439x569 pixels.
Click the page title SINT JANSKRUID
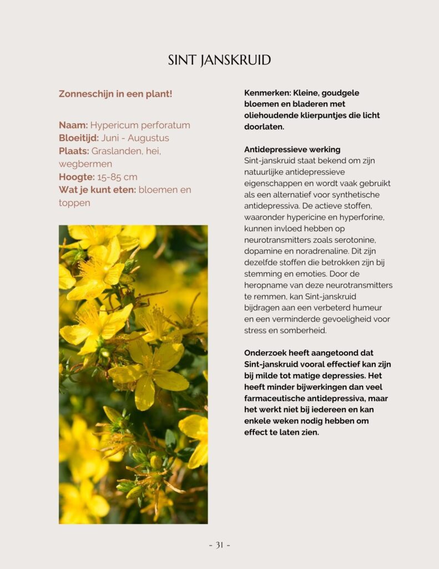point(219,60)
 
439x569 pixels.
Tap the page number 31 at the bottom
point(219,545)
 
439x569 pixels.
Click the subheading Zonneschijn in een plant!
point(115,94)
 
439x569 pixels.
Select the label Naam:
point(73,125)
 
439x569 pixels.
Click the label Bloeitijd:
point(79,138)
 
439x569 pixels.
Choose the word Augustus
point(148,138)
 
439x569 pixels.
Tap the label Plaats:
point(74,151)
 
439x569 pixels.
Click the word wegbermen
point(85,164)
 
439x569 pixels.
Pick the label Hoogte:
point(76,177)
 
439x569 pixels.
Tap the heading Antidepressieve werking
point(292,149)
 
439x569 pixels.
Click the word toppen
point(74,203)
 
